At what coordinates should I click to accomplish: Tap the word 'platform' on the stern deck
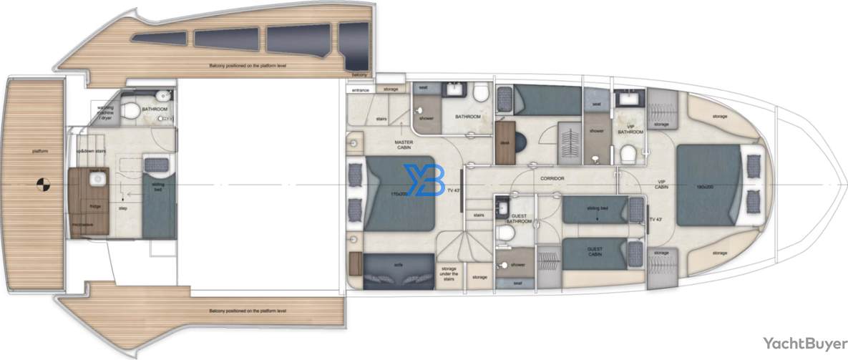pos(39,150)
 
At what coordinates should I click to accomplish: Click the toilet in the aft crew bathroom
pos(130,110)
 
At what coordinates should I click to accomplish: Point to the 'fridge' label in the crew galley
pos(94,206)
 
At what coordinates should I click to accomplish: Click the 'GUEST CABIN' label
pos(594,252)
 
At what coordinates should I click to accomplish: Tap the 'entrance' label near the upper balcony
pos(359,89)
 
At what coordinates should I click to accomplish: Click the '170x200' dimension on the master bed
pos(399,193)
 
